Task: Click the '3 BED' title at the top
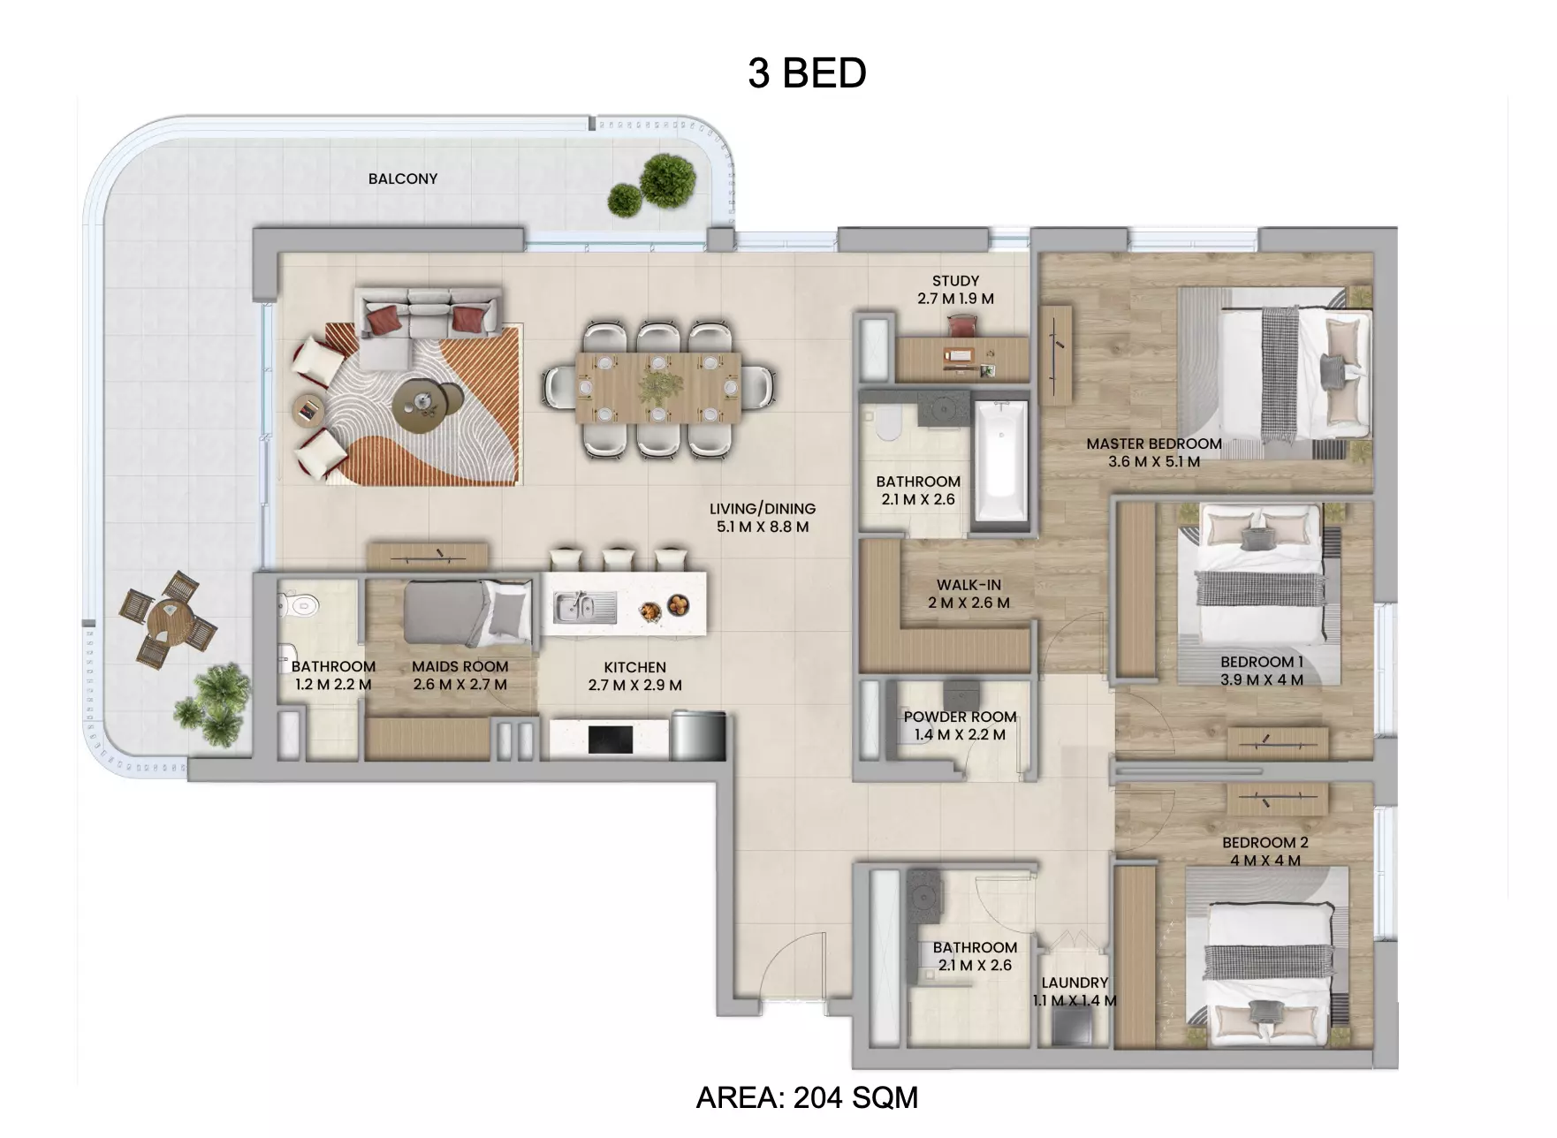point(807,73)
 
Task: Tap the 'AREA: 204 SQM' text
point(807,1098)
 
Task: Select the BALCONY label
point(403,178)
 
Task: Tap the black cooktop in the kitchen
point(611,740)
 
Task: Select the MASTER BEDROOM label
point(1154,444)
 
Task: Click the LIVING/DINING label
point(763,509)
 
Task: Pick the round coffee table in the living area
point(427,405)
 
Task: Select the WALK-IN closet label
point(969,585)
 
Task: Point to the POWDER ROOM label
point(960,717)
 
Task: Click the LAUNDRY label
point(1075,982)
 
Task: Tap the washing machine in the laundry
point(1072,1028)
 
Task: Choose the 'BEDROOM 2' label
point(1265,843)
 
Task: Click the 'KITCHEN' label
point(635,668)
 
